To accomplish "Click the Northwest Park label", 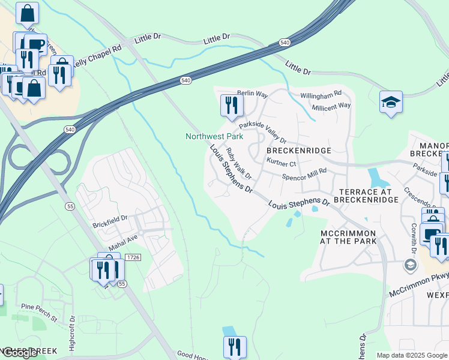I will [x=214, y=136].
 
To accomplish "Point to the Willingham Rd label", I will [x=321, y=94].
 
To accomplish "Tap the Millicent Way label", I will [x=331, y=105].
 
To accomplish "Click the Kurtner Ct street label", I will [x=281, y=163].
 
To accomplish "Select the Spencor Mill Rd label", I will [x=304, y=171].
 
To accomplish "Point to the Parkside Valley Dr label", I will [x=263, y=131].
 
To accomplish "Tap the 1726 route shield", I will [x=133, y=257].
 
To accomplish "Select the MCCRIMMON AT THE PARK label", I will [x=348, y=237].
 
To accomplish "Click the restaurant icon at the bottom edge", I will [x=234, y=347].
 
